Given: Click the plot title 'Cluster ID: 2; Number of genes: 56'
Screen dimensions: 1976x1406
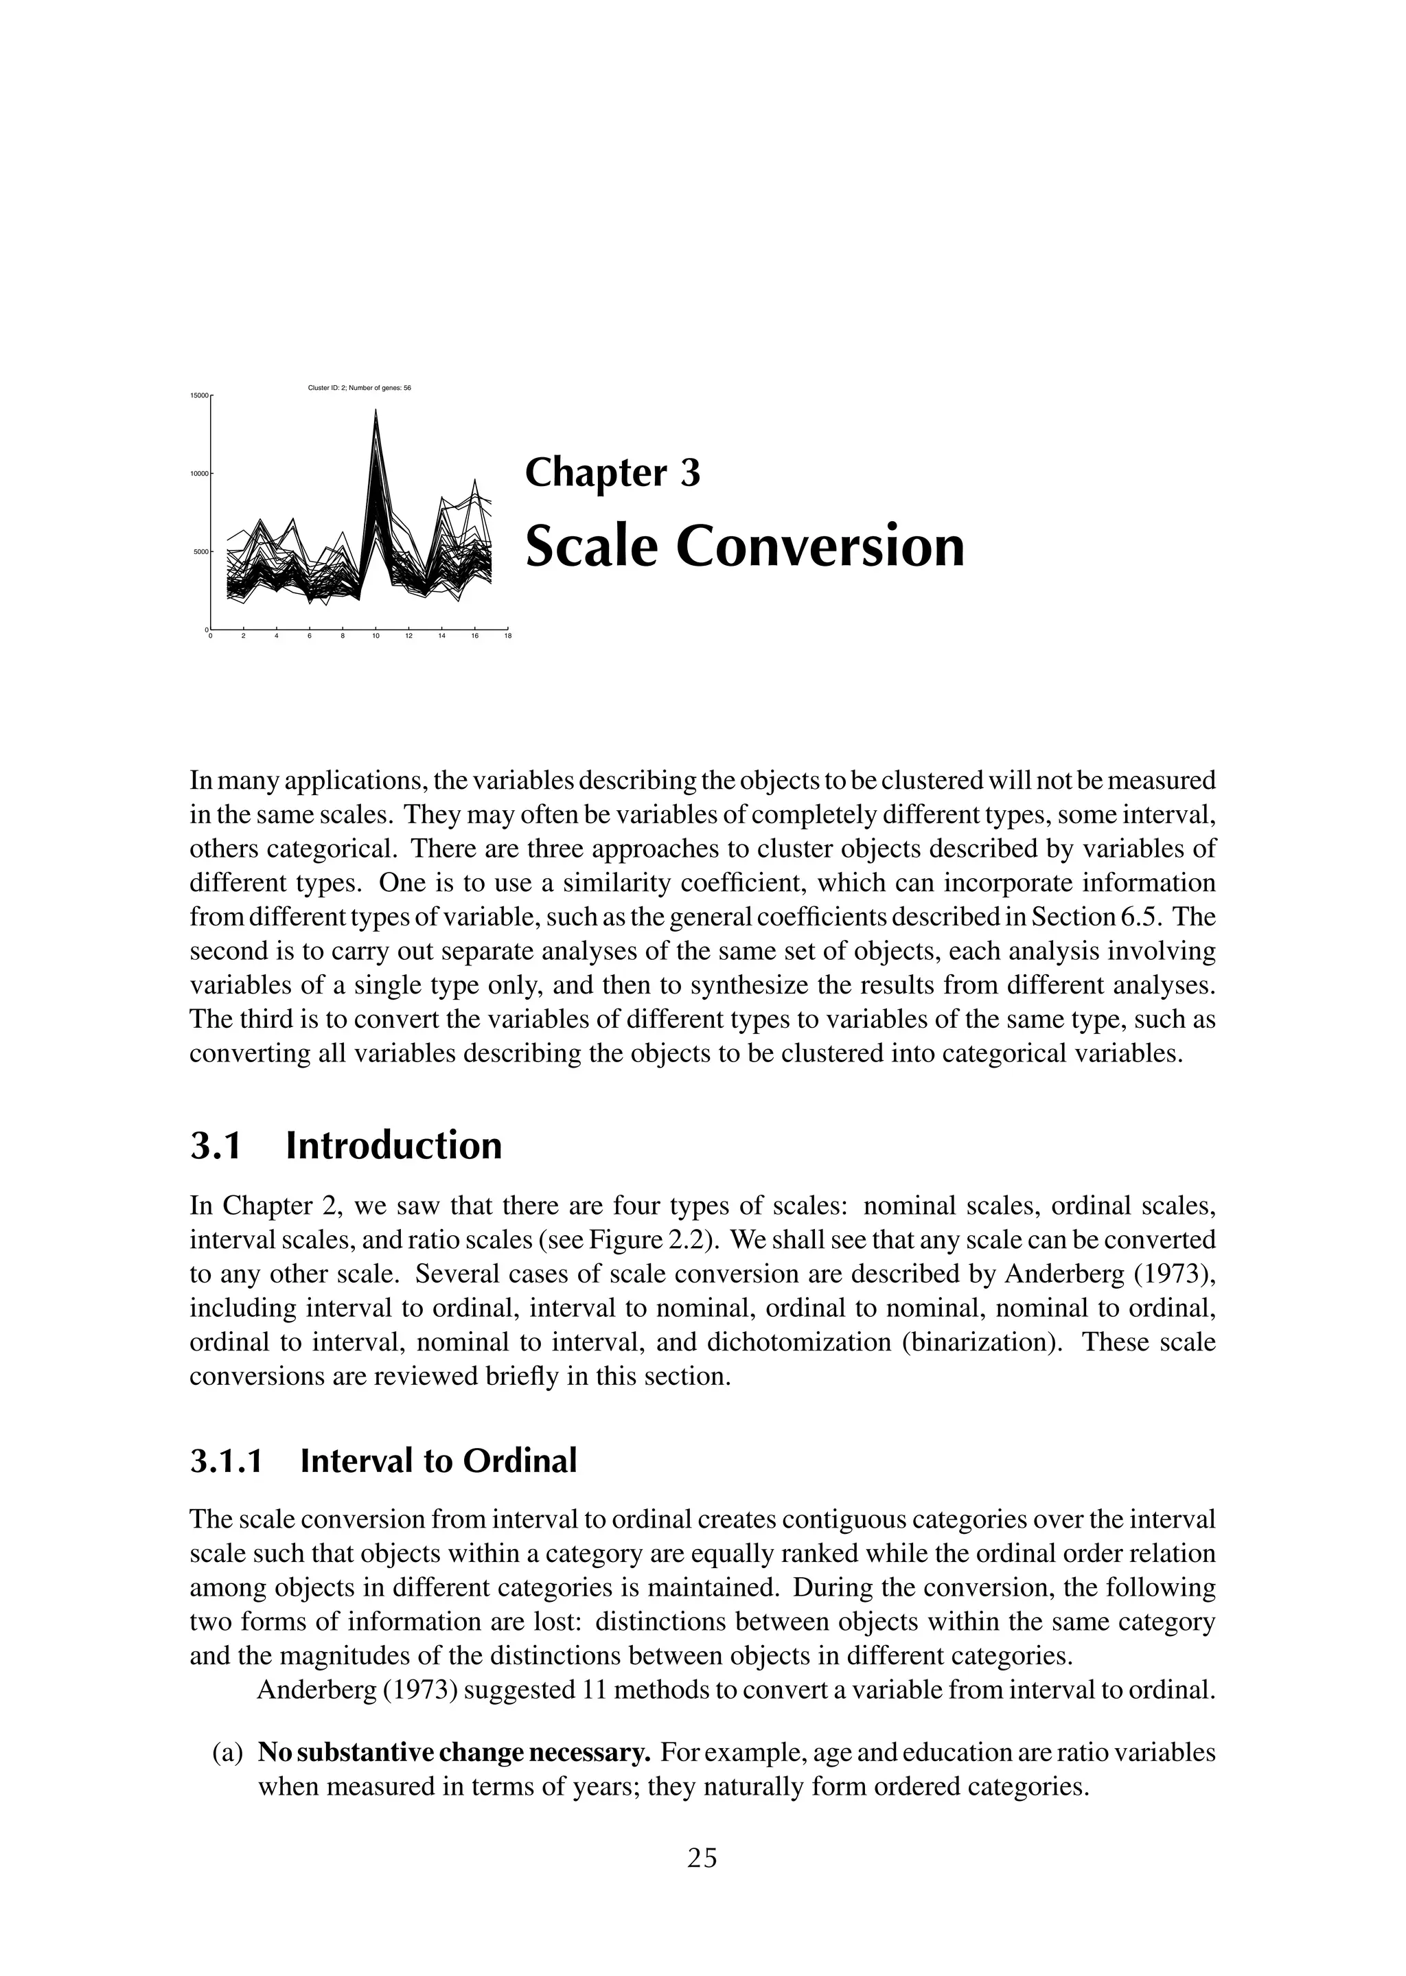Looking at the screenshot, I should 359,388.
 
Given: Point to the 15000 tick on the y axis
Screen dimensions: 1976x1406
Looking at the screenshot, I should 200,395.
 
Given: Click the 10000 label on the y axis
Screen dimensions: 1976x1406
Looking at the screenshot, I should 200,474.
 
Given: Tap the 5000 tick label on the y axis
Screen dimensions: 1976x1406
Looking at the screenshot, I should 202,551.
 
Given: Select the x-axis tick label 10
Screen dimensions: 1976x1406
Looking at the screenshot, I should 375,636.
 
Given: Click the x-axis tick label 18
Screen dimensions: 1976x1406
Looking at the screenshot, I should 507,636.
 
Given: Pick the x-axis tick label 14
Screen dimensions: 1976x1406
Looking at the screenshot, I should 441,636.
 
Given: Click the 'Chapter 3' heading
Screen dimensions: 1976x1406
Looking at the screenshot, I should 612,473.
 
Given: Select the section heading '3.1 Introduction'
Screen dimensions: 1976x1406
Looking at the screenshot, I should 345,1146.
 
